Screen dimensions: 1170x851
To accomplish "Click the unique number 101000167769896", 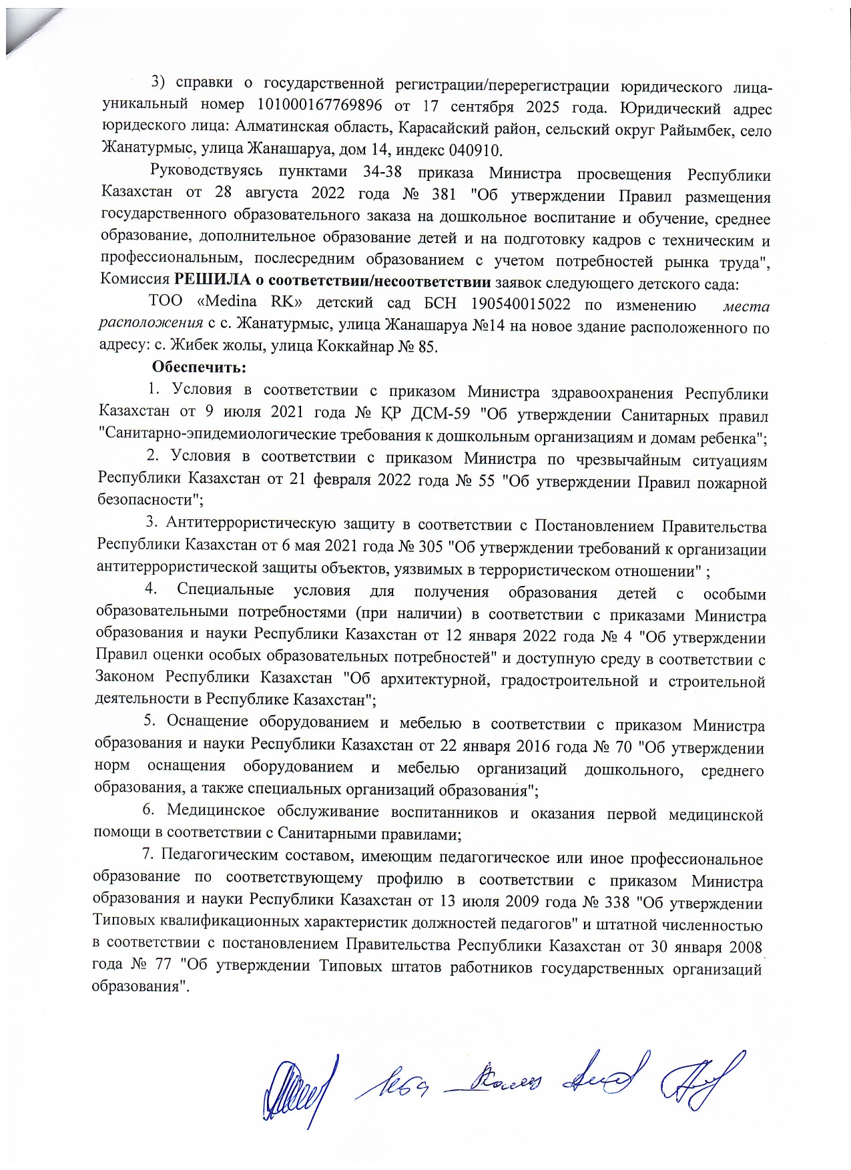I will pos(319,105).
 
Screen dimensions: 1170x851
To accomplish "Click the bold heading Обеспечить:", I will pos(200,367).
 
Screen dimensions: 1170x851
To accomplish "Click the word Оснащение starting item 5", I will pos(207,721).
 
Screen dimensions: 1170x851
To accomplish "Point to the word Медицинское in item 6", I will pos(216,810).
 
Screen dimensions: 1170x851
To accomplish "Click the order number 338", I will pos(616,902).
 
